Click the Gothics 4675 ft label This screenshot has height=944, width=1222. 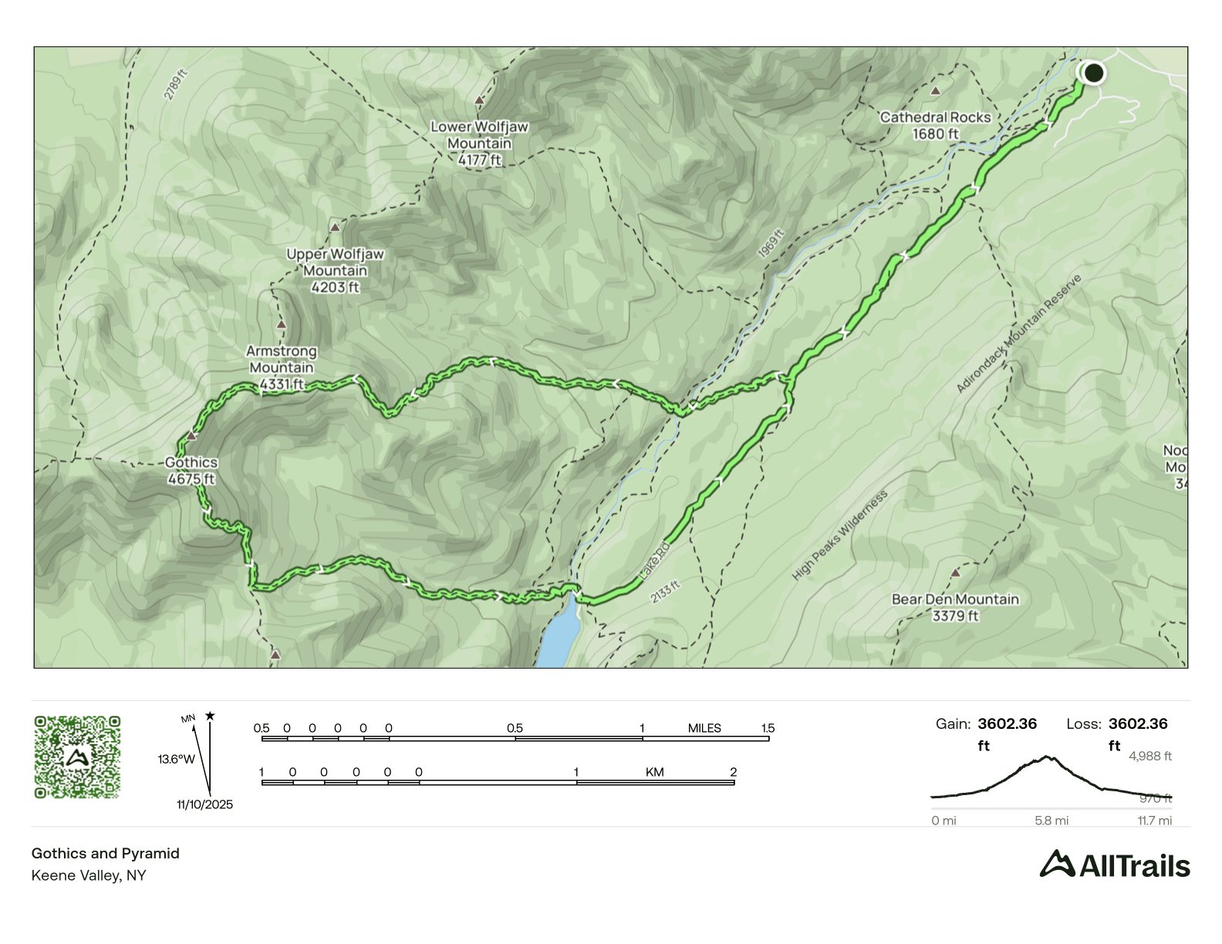pos(191,470)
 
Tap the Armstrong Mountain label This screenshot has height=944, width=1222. pos(282,367)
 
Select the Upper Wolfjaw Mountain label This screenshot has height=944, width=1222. pos(335,271)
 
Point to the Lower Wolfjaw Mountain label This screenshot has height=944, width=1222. pos(479,143)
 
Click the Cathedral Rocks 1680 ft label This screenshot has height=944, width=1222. pos(935,126)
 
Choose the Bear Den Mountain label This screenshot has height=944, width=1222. pos(955,607)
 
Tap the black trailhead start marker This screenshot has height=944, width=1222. pos(1093,73)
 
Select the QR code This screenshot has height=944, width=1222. pos(77,757)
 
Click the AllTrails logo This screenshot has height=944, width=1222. pos(1114,865)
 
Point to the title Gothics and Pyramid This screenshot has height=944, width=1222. pos(106,853)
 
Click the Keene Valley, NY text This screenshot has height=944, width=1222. pos(89,875)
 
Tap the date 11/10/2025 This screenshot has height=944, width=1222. pos(204,804)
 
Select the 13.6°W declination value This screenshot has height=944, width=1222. pos(176,759)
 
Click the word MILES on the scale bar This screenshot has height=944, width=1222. pos(704,728)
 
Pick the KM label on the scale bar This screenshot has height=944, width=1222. pos(654,772)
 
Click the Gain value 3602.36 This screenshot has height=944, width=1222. pos(1007,723)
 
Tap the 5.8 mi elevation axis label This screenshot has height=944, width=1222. pos(1052,821)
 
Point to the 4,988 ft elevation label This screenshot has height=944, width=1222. pos(1149,756)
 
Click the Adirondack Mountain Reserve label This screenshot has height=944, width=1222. pos(1018,334)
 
